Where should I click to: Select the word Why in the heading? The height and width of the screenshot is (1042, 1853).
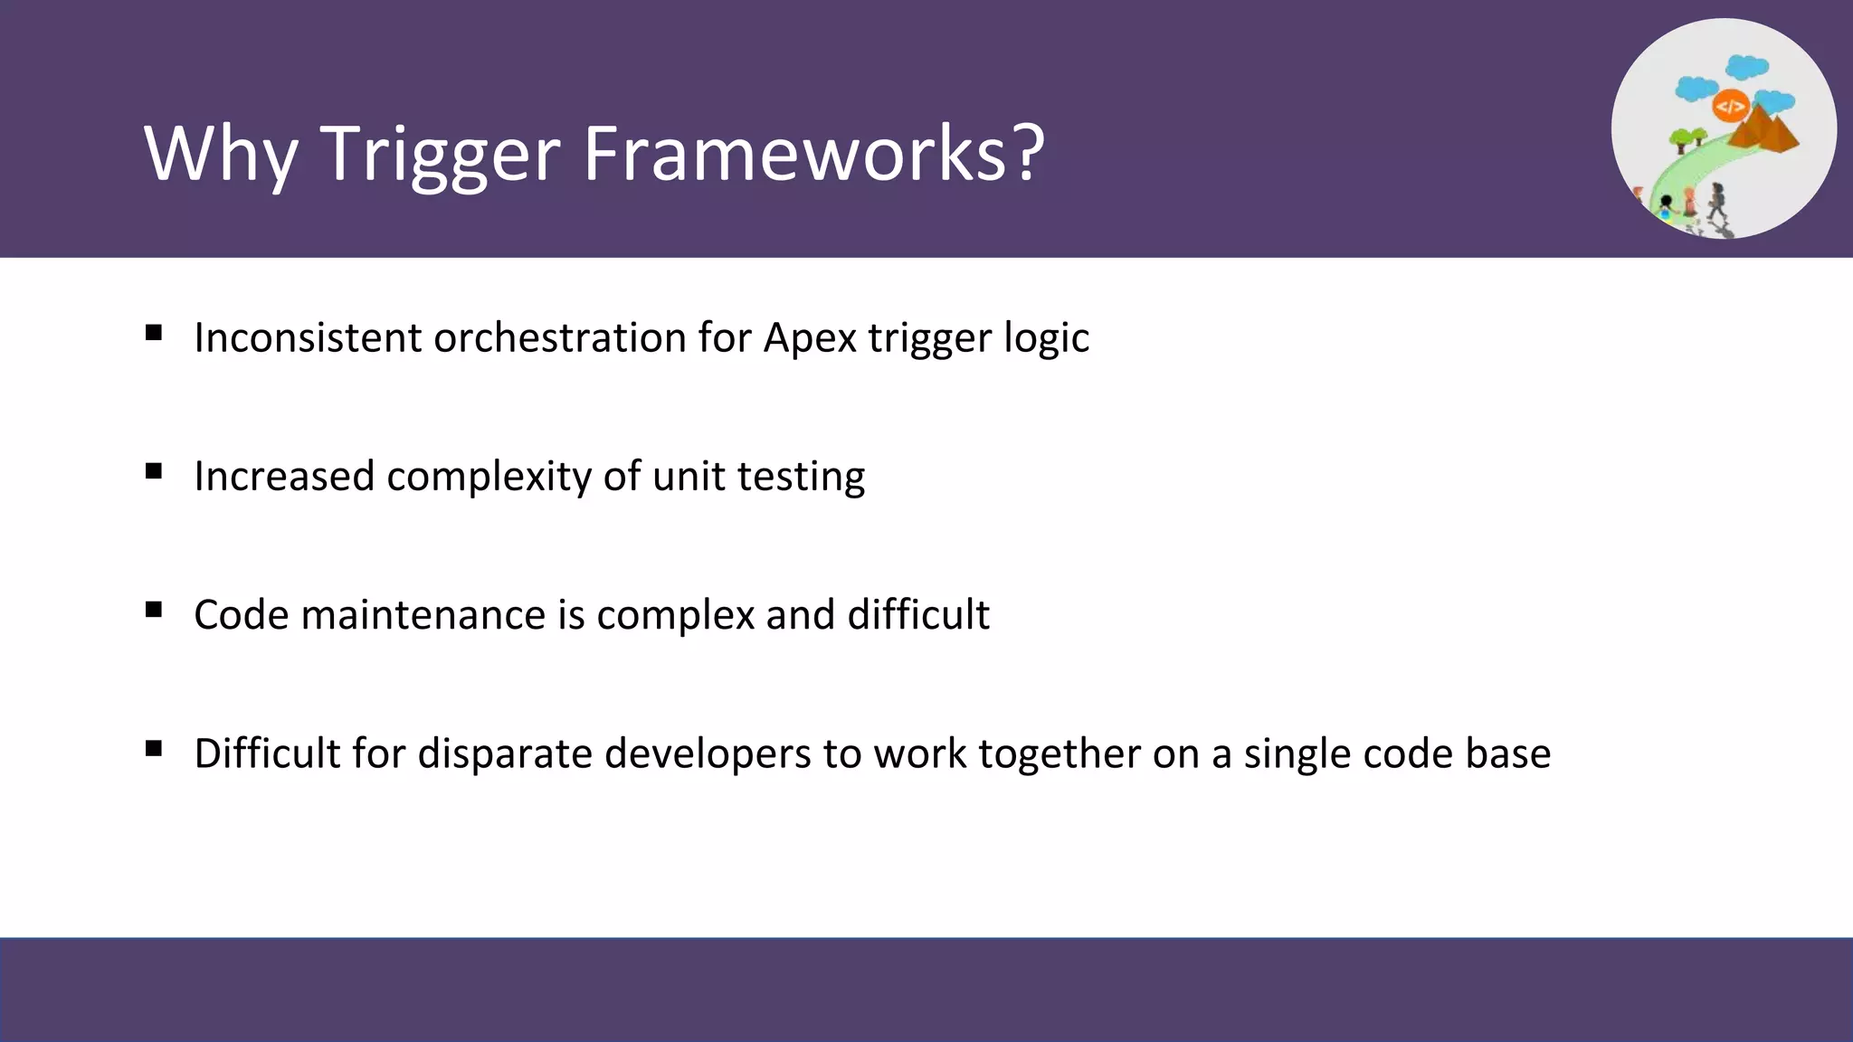[221, 154]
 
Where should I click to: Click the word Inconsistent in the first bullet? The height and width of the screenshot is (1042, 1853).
[308, 337]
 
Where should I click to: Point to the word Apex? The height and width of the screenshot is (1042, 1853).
[809, 339]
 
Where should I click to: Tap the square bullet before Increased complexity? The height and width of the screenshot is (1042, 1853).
[154, 471]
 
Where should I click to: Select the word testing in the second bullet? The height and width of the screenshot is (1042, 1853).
[801, 477]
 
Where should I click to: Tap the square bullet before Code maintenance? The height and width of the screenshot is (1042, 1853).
[154, 610]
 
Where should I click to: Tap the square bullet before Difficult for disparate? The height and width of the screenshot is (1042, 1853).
[154, 748]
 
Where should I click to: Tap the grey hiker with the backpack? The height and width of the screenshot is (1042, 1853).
[1716, 201]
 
